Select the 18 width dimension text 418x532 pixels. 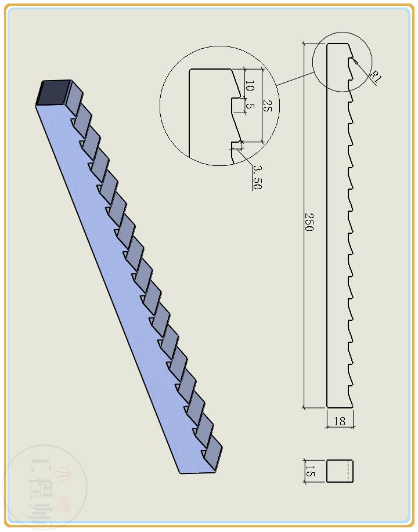[340, 421]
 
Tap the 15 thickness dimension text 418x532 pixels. [310, 471]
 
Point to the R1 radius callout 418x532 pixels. [376, 77]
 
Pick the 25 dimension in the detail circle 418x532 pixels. [267, 106]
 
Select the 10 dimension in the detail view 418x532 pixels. [250, 88]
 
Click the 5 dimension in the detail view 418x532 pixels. [250, 107]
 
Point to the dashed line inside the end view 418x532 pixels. [348, 471]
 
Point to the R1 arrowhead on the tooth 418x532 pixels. [354, 60]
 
